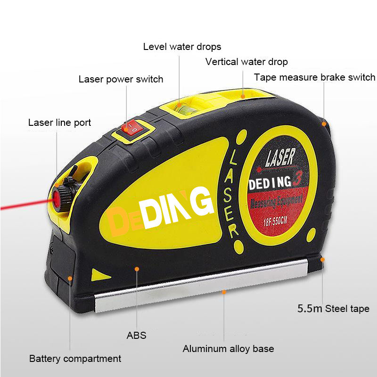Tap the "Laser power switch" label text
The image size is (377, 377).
pos(121,79)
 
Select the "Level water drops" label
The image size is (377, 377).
pos(182,47)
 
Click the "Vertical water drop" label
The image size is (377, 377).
pos(246,62)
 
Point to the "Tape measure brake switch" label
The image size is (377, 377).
pos(314,77)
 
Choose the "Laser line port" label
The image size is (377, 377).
pos(60,123)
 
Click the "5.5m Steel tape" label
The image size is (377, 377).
pos(333,309)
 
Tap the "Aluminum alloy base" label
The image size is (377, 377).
pos(228,349)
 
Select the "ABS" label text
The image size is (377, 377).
pos(136,336)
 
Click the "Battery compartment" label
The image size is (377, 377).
pos(75,359)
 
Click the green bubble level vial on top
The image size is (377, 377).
pos(185,109)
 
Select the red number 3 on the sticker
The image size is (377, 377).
pos(297,179)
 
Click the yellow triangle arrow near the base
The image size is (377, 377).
pos(100,275)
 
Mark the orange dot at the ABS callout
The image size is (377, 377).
pos(137,269)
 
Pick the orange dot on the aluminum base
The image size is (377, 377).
pos(224,292)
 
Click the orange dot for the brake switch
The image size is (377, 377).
pos(324,124)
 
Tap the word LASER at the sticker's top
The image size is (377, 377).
pos(280,157)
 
